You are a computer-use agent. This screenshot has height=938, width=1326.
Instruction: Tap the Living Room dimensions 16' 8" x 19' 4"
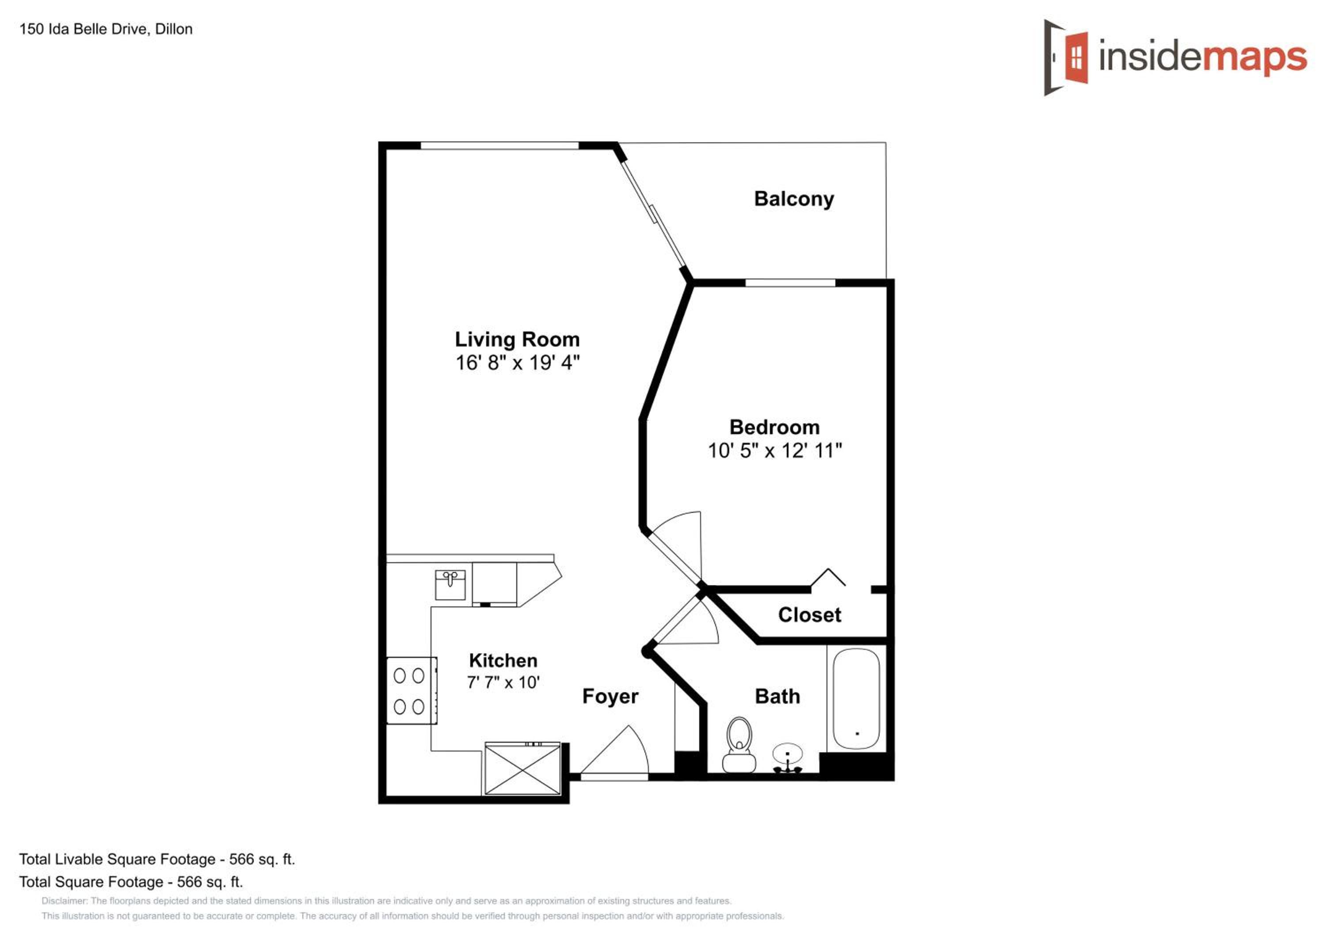pos(518,363)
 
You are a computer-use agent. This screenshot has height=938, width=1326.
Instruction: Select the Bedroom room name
pos(774,427)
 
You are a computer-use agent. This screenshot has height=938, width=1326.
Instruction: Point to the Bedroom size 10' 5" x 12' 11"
pos(775,450)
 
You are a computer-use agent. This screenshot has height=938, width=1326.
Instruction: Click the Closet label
pos(810,614)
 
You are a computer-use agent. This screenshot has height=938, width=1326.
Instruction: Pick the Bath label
pos(777,696)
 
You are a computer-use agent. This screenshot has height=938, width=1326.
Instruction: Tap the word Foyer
pos(610,697)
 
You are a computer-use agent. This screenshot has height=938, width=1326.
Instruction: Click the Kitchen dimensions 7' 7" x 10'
pos(503,682)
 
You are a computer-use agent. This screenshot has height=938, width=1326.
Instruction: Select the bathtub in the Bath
pos(857,699)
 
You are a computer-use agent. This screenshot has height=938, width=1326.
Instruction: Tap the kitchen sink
pos(450,585)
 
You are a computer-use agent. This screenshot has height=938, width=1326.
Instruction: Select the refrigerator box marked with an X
pos(522,769)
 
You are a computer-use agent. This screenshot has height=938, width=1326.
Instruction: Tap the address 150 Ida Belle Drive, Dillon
pos(106,29)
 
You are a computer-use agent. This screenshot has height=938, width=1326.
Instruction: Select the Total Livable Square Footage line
pos(157,859)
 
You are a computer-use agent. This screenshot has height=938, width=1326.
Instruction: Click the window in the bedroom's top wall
pos(790,282)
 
